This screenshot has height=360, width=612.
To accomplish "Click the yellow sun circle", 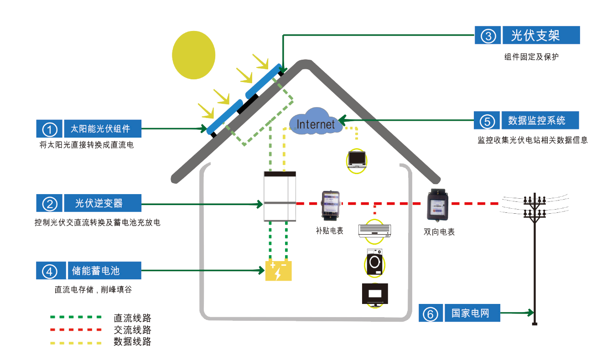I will click(193, 54).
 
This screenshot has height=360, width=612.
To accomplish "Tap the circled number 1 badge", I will click(49, 129).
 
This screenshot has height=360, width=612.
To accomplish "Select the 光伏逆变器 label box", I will click(99, 203).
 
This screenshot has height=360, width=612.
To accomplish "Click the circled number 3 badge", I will click(488, 36).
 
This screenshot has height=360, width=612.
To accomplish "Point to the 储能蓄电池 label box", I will click(96, 271).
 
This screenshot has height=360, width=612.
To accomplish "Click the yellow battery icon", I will click(278, 271).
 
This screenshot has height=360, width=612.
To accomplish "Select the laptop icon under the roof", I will click(357, 159).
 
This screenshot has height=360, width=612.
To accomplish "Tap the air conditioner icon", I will click(375, 231).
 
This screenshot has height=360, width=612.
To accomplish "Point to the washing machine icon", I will click(375, 262).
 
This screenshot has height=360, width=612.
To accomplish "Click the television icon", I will click(375, 294).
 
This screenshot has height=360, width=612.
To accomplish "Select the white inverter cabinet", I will click(280, 196).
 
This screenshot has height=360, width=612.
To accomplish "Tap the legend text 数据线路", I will click(132, 341).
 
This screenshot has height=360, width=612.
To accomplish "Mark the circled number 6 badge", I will click(431, 314).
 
